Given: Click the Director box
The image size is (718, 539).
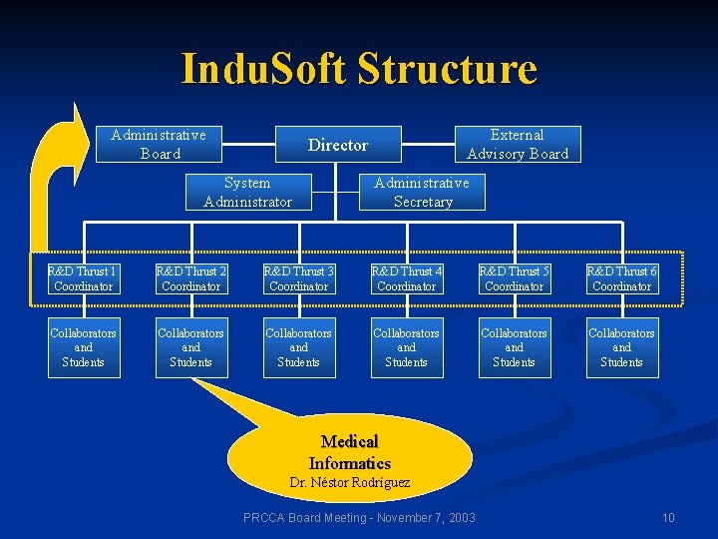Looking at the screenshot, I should [337, 145].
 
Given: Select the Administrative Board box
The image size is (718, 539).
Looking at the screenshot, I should [159, 144].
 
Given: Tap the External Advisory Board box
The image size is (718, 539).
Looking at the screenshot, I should [518, 144].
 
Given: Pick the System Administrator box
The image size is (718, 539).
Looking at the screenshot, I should [247, 192].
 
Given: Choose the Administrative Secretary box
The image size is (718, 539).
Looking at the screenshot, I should [422, 192].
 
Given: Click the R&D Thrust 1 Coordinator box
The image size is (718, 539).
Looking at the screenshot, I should [84, 278].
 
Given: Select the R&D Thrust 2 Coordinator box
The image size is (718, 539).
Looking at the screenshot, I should [191, 278].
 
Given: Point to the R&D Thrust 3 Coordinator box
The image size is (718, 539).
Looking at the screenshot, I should [299, 278].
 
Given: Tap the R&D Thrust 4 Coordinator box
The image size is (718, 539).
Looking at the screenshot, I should [407, 278].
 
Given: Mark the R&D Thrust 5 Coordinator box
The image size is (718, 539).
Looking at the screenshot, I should [515, 278].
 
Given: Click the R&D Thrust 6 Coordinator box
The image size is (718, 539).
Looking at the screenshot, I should [622, 278].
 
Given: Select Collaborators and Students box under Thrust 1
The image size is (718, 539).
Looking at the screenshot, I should [84, 347].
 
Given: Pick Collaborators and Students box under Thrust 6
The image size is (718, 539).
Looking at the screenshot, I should [622, 347].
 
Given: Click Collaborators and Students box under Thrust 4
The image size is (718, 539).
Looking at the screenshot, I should [407, 347].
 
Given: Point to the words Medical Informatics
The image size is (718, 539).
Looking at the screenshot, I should [349, 452].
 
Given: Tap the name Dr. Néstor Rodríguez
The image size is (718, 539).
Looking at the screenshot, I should [349, 483].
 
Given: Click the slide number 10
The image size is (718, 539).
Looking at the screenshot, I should [668, 517].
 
